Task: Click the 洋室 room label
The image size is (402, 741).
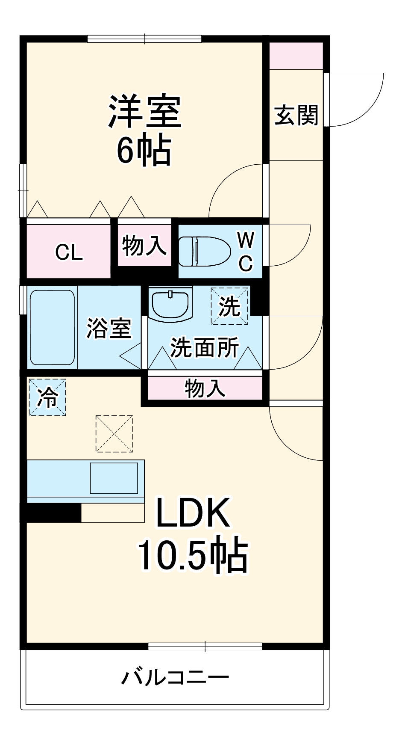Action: click(145, 112)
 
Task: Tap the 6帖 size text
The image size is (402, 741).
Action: click(144, 151)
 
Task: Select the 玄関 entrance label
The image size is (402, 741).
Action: click(296, 115)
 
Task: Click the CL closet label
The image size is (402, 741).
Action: click(69, 252)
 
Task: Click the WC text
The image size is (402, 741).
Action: click(246, 252)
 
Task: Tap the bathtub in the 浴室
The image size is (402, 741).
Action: click(52, 328)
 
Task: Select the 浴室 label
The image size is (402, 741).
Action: click(109, 328)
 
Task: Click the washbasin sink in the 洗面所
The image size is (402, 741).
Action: click(170, 304)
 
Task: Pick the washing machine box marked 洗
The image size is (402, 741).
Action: click(229, 306)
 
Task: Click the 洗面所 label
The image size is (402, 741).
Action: click(204, 347)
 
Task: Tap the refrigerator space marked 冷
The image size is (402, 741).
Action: click(47, 397)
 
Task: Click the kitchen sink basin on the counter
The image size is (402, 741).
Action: click(114, 478)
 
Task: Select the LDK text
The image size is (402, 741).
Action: click(193, 513)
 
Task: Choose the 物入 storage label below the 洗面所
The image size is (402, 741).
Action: click(205, 388)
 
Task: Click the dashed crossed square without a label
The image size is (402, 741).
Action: click(114, 433)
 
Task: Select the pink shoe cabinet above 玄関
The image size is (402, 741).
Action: click(296, 56)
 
